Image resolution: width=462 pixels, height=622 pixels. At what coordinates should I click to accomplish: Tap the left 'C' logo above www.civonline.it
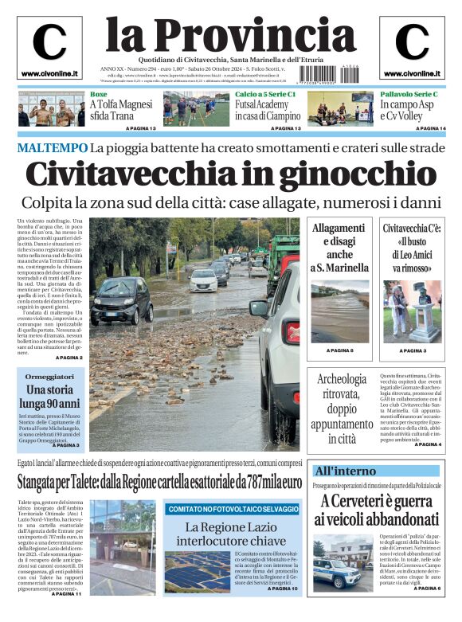[49, 42]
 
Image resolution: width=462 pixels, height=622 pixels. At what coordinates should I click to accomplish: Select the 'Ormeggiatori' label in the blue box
[50, 376]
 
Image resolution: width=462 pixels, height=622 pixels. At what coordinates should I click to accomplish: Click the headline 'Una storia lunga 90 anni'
[50, 397]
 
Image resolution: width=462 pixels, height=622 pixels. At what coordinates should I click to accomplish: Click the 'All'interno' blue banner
[345, 471]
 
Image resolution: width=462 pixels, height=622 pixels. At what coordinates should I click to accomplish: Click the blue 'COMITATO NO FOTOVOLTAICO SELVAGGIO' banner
[233, 508]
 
